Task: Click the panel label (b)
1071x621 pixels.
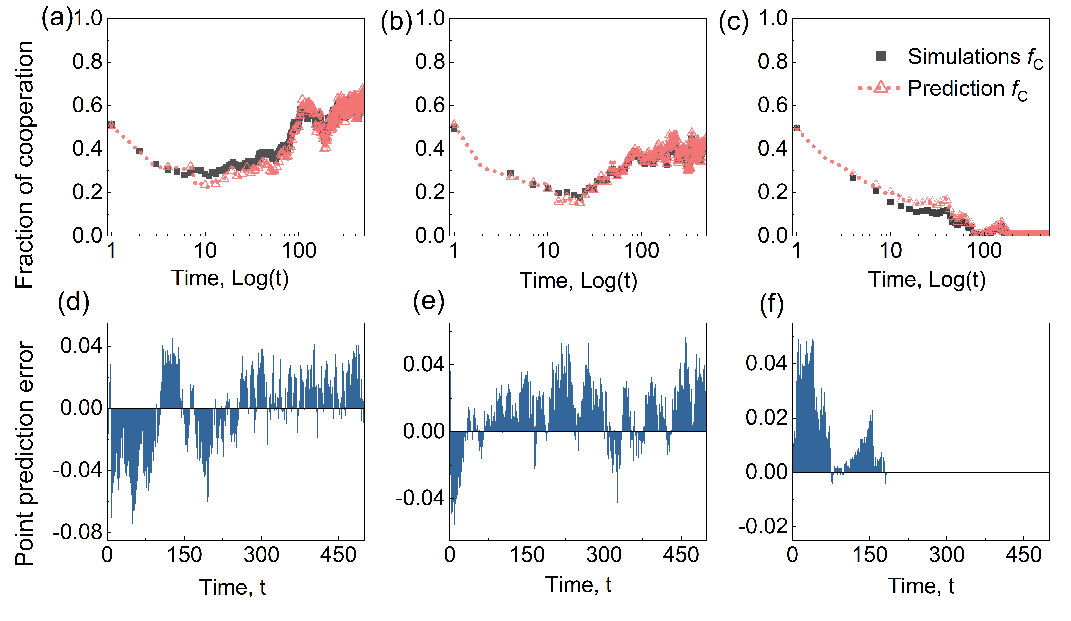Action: tap(396, 21)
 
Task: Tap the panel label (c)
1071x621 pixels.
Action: tap(733, 21)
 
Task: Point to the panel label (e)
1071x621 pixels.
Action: tap(428, 302)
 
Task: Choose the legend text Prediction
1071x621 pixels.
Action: tap(956, 88)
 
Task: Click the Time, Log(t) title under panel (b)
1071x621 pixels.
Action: tap(578, 281)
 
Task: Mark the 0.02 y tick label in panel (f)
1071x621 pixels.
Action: tap(766, 417)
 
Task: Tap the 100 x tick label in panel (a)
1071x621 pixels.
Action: tap(299, 251)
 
